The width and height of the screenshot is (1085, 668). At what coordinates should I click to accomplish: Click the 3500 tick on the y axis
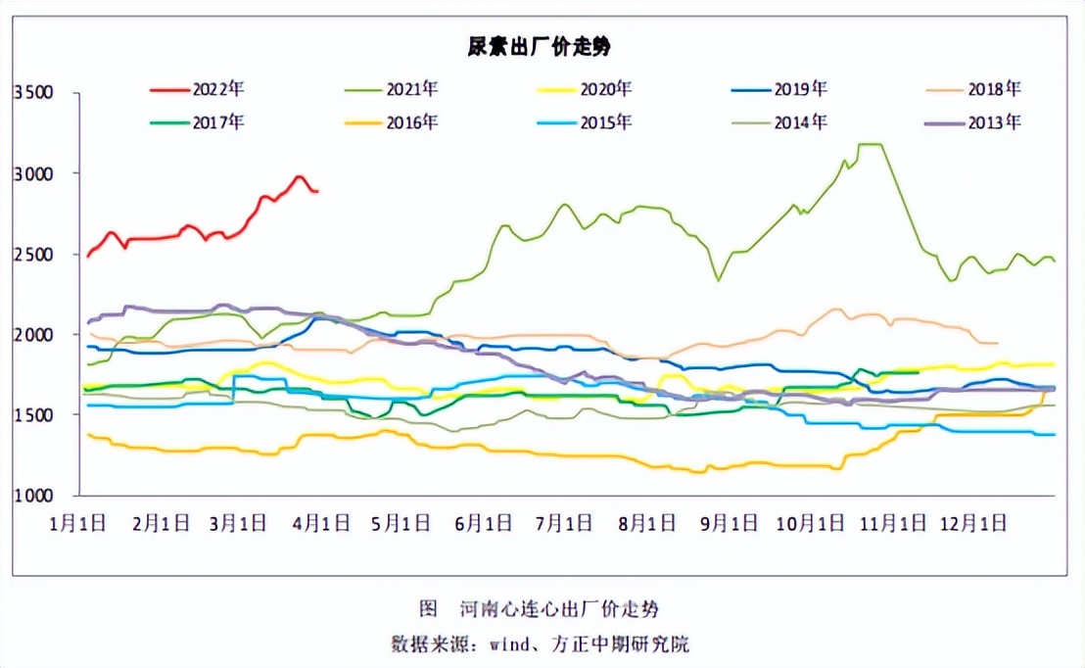[31, 93]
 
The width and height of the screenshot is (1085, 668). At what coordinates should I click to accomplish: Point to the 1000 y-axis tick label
[31, 496]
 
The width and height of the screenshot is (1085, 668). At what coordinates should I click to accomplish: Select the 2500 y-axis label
[31, 255]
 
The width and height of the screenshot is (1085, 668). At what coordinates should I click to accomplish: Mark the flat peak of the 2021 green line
[871, 145]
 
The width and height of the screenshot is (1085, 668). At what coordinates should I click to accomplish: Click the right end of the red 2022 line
[316, 191]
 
